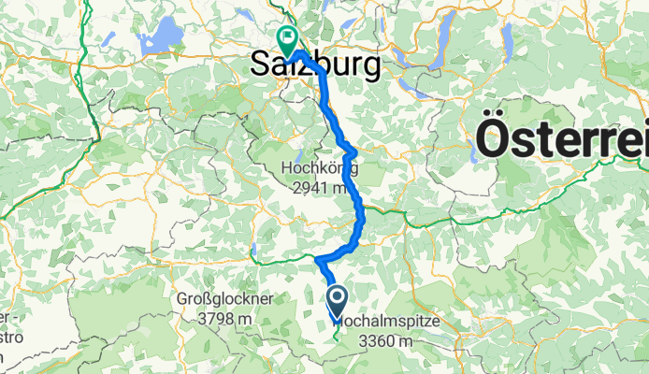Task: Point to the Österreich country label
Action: point(562,141)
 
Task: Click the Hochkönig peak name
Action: point(319,168)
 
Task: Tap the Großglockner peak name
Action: point(224,299)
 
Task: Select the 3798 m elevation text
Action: point(224,318)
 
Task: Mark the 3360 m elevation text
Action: point(384,340)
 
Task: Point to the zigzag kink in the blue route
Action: point(349,149)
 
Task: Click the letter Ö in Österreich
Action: point(497,140)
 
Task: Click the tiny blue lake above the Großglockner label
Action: point(252,250)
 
